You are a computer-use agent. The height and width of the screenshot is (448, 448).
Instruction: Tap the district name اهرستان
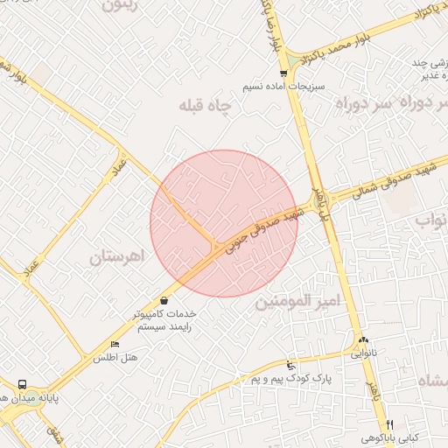tap(115, 257)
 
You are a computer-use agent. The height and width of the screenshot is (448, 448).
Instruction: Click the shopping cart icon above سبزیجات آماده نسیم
tap(283, 74)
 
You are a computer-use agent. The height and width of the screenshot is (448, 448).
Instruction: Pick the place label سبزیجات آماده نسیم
tap(283, 88)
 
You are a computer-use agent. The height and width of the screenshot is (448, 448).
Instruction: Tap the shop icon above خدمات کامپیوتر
tap(164, 300)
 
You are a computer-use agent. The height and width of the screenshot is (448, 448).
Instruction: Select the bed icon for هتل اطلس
tap(115, 344)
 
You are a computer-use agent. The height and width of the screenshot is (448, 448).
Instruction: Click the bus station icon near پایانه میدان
tap(22, 384)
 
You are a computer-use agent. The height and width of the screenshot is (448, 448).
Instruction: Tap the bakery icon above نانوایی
tap(362, 340)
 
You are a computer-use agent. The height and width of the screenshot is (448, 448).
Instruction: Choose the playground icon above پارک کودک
tap(290, 364)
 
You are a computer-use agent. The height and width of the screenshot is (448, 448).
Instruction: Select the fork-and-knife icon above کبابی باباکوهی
tap(389, 423)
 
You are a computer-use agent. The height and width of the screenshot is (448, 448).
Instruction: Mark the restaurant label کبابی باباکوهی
tap(392, 437)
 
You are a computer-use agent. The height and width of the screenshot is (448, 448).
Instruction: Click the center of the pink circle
tap(224, 223)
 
